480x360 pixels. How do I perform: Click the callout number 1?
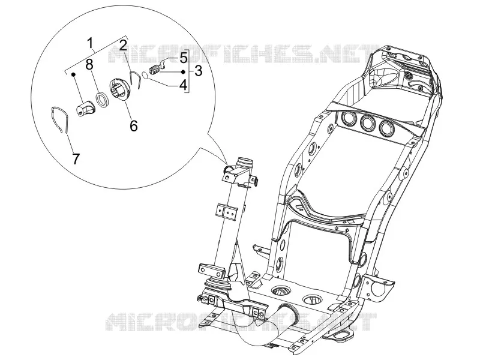91,43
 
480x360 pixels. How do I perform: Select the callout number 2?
123,46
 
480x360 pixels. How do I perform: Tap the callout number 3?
199,71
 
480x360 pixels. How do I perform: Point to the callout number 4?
184,85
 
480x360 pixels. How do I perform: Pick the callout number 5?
184,57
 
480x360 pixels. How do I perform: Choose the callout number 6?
134,125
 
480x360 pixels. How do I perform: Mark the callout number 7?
76,158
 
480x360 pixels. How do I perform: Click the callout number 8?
89,65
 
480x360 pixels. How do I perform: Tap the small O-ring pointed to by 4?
145,74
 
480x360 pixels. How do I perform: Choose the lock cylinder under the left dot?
86,109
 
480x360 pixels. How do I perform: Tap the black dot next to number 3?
183,71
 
